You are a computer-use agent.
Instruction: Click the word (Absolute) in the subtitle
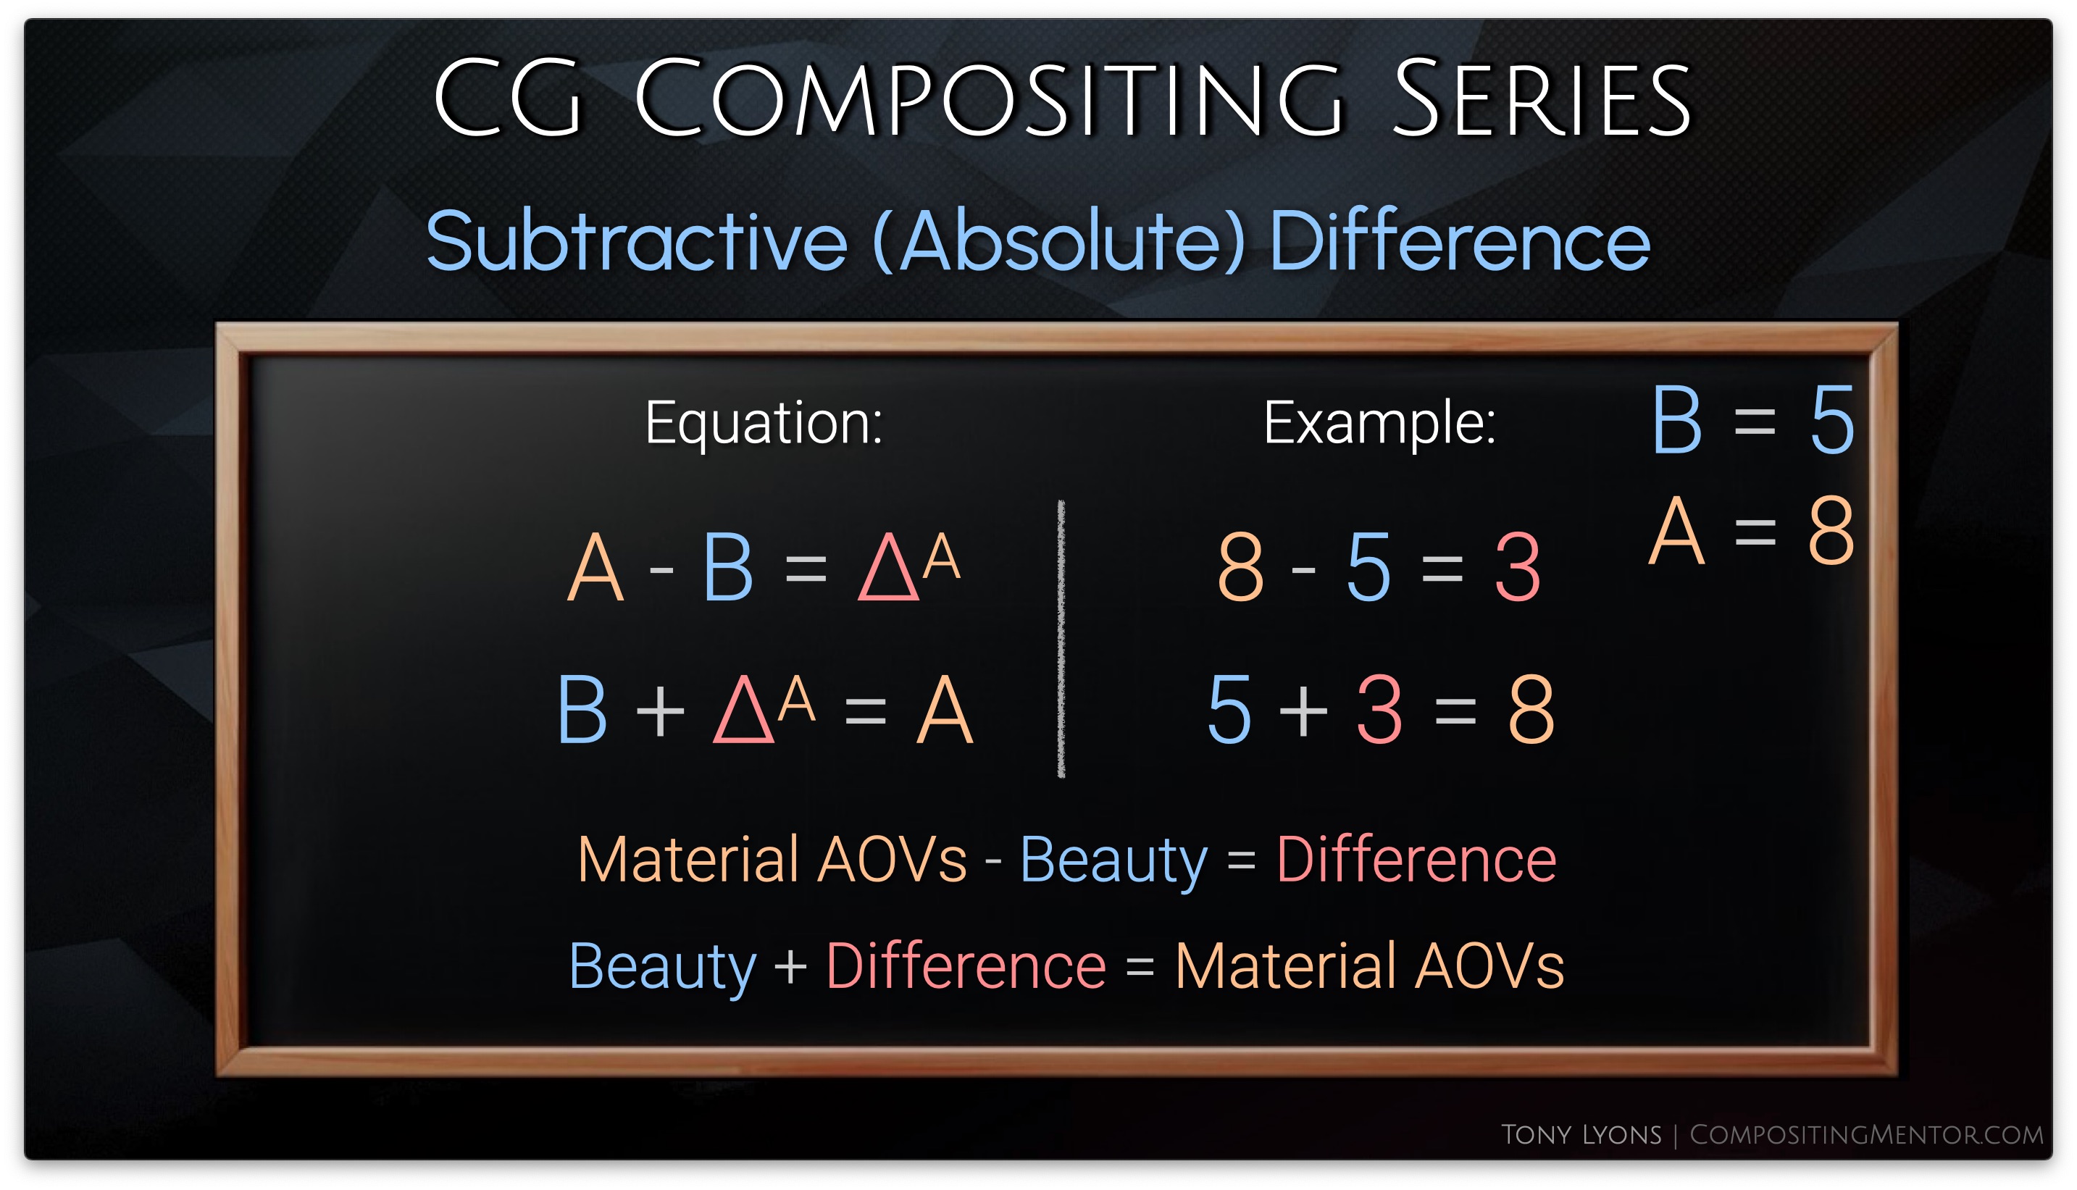[1060, 242]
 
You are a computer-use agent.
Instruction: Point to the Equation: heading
[764, 424]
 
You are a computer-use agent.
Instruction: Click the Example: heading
[1380, 424]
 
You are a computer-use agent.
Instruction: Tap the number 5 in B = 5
[1833, 420]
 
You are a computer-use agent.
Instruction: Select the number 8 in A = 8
[1831, 530]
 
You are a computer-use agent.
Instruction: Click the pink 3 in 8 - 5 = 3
[1518, 566]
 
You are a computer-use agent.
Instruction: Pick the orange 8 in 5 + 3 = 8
[1531, 709]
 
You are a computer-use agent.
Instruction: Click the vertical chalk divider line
[1061, 638]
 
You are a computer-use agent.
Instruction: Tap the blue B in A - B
[727, 567]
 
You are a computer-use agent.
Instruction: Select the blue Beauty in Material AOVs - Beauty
[1113, 860]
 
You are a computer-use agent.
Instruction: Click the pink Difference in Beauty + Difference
[966, 966]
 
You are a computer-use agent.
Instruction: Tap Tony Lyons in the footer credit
[1581, 1134]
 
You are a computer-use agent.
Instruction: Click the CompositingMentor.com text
[1866, 1134]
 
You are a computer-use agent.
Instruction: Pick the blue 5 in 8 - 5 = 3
[1368, 566]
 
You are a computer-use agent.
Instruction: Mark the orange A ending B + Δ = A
[945, 709]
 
